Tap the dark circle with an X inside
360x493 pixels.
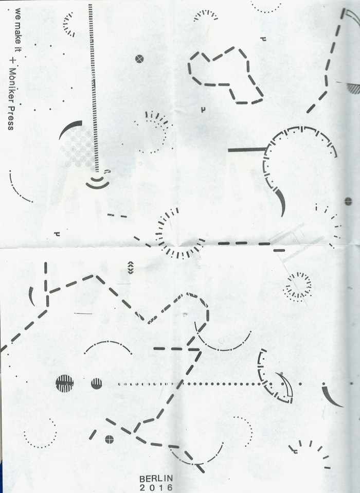[x=138, y=58]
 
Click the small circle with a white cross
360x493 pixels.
[x=109, y=439]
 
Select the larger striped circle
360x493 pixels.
[x=65, y=383]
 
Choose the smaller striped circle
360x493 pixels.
[x=97, y=383]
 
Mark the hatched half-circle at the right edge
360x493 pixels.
[x=353, y=87]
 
